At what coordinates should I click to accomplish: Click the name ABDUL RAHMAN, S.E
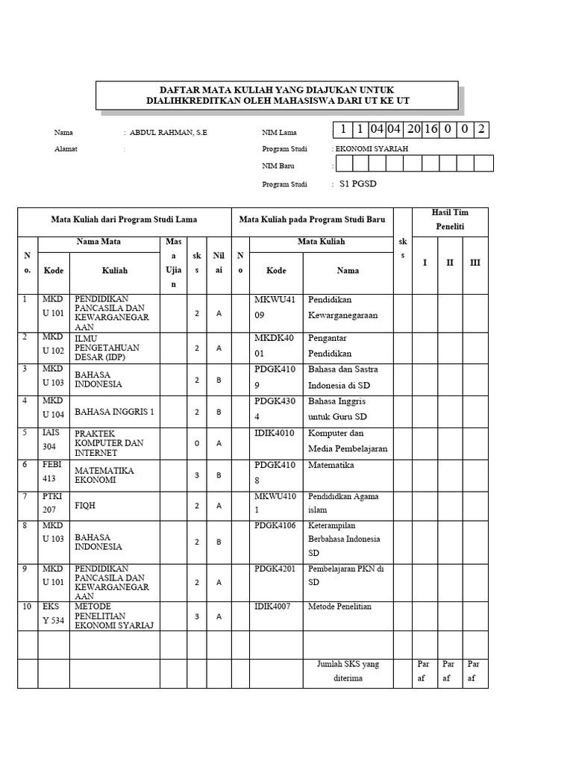[169, 132]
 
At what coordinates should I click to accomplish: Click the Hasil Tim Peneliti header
[450, 219]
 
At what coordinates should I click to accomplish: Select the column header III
[475, 263]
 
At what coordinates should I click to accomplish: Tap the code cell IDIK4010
[275, 433]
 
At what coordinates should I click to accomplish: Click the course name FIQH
[84, 505]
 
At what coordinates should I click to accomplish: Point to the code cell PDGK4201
[275, 569]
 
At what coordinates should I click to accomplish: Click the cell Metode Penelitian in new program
[339, 607]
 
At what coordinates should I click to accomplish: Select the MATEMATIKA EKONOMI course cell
[104, 475]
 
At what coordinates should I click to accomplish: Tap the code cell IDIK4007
[275, 607]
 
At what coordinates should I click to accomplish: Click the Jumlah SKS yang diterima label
[348, 671]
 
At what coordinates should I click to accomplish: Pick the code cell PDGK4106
[275, 525]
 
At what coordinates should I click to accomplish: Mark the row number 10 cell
[27, 607]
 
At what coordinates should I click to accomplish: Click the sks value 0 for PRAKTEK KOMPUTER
[196, 443]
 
